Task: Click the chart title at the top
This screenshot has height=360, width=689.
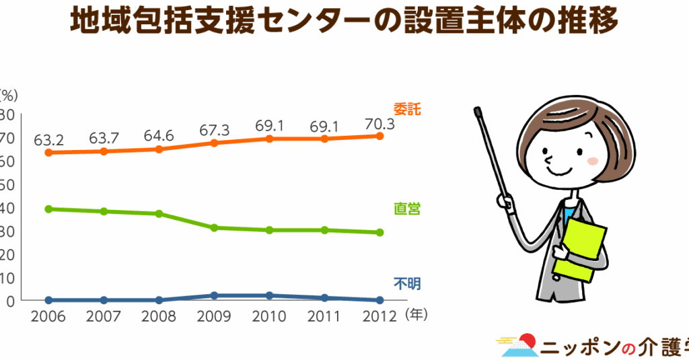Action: pos(344,21)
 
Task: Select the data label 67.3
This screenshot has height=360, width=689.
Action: pos(214,129)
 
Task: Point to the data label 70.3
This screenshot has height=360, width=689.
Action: pos(379,124)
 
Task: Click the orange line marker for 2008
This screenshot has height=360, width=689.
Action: pos(159,149)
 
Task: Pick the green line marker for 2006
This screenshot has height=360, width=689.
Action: pos(48,209)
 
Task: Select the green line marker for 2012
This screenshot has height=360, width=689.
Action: pos(379,232)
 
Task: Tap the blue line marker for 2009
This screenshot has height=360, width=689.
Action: pos(214,295)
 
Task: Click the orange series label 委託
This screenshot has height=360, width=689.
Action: pos(406,109)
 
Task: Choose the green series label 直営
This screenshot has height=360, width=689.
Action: pos(406,209)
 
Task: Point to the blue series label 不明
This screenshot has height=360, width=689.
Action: pos(406,283)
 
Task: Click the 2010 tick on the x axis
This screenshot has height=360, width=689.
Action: pos(269,315)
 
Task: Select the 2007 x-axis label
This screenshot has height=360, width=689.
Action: pos(104,315)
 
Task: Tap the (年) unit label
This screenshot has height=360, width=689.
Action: pos(417,314)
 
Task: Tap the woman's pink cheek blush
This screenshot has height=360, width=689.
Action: pos(592,161)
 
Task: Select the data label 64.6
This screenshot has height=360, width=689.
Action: pos(159,135)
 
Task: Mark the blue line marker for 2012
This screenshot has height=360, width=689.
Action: pos(379,300)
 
